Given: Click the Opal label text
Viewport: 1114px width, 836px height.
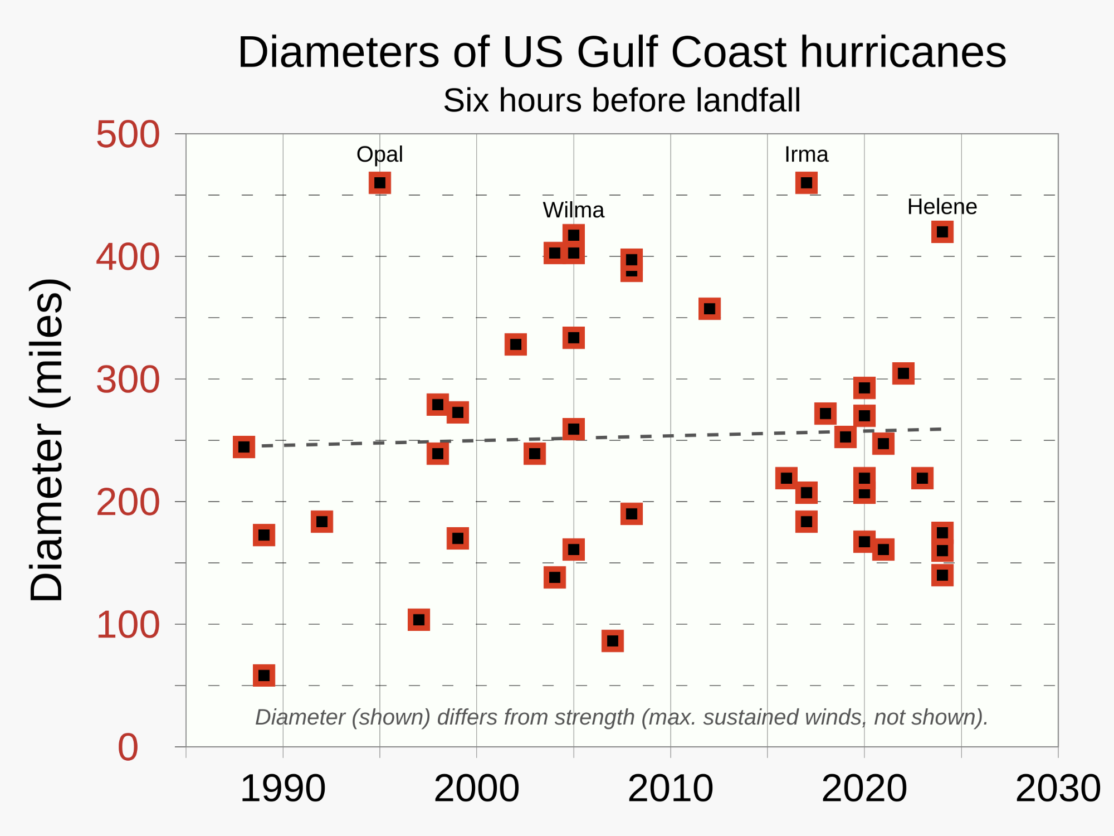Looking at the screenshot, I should coord(379,154).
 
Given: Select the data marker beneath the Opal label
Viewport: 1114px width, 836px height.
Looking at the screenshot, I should coord(380,183).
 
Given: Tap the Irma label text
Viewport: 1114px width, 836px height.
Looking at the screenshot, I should coord(806,154).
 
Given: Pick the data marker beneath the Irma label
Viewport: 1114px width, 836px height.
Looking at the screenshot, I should coord(806,183).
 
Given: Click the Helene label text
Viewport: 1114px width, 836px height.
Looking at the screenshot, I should coord(942,207).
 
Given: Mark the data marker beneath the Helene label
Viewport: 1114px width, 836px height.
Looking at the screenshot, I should coord(942,232).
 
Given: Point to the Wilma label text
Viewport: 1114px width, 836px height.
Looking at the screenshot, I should coord(573,210).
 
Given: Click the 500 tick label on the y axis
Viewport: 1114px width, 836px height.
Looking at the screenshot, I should coord(128,134).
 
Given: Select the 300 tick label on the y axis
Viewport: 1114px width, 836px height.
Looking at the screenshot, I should coord(128,380).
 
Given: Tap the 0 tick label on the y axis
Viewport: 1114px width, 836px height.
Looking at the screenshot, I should coord(128,747).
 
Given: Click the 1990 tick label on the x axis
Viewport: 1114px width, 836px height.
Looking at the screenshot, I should coord(282,789).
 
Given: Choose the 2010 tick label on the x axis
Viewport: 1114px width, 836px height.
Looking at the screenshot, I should coord(670,789).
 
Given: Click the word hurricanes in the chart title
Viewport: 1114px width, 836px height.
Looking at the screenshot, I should coord(902,52).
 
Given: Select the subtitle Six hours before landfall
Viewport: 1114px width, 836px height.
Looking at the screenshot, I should coord(622,100).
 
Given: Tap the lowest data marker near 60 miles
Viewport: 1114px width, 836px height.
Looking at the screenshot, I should coord(263,675).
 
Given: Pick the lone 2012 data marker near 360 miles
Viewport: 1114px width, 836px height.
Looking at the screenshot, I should coord(709,309).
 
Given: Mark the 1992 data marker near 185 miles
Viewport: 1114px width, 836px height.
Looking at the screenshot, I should coord(321,522).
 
